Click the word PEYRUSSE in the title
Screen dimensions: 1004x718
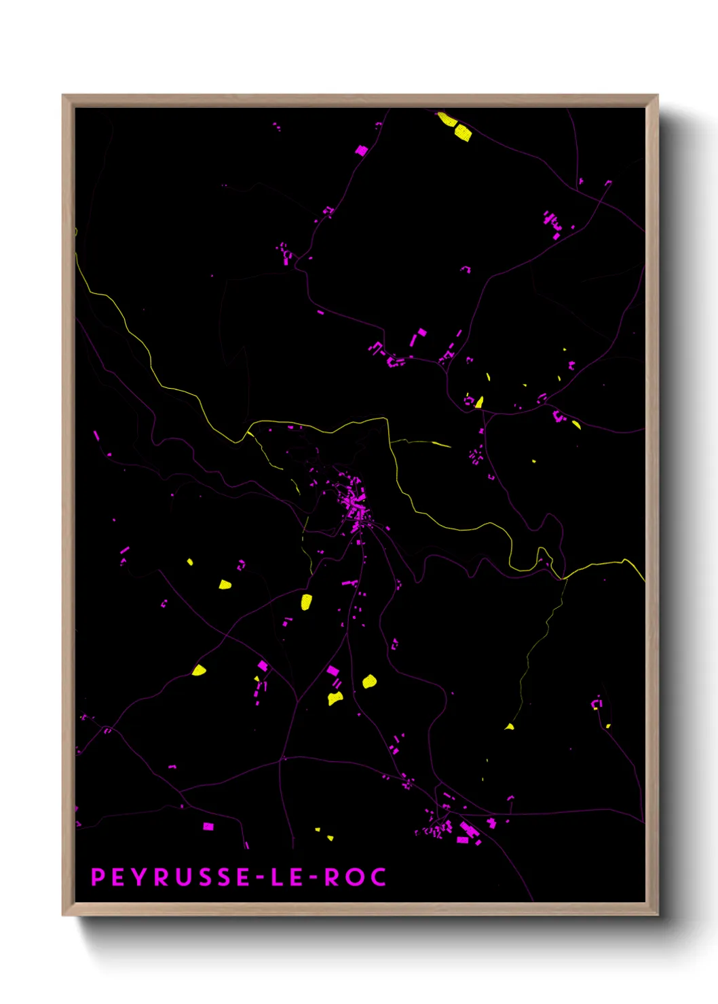tap(170, 877)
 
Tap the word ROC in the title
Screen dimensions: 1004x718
tap(355, 877)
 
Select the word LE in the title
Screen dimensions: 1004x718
tap(287, 877)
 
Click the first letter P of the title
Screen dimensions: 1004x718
tap(98, 877)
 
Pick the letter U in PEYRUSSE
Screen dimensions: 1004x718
tap(183, 877)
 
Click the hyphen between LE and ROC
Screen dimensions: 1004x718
tap(313, 878)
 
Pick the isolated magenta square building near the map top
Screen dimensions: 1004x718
tap(362, 150)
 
